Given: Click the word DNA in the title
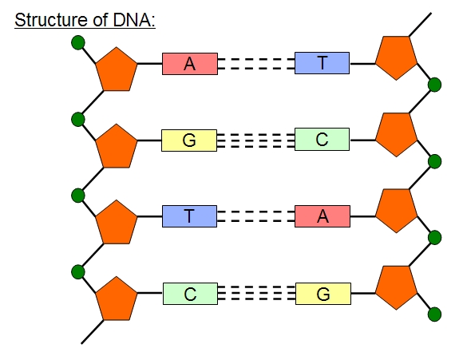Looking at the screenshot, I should coord(135,18).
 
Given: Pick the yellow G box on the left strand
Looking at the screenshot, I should coord(189,140).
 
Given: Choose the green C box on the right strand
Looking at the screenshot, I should coord(322,140).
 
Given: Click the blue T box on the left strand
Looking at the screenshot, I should coord(189,216).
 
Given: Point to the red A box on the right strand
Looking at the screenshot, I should coord(322,216).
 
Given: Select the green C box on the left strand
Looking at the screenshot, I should coord(189,294).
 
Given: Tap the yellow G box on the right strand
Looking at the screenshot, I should coord(323,294).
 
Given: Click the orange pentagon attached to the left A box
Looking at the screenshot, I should coord(117,71).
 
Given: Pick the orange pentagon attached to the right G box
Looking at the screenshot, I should coord(396,287).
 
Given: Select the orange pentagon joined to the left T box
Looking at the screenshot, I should coord(117,223).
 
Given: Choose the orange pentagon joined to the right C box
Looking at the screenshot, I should coord(396,134).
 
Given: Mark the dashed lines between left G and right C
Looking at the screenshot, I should coord(255,140).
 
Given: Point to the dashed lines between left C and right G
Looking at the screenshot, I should coord(255,294).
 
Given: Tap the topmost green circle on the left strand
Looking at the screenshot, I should coord(77,43).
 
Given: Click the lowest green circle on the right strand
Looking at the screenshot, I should coord(435,315).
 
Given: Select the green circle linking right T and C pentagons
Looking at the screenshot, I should coord(435,85).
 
